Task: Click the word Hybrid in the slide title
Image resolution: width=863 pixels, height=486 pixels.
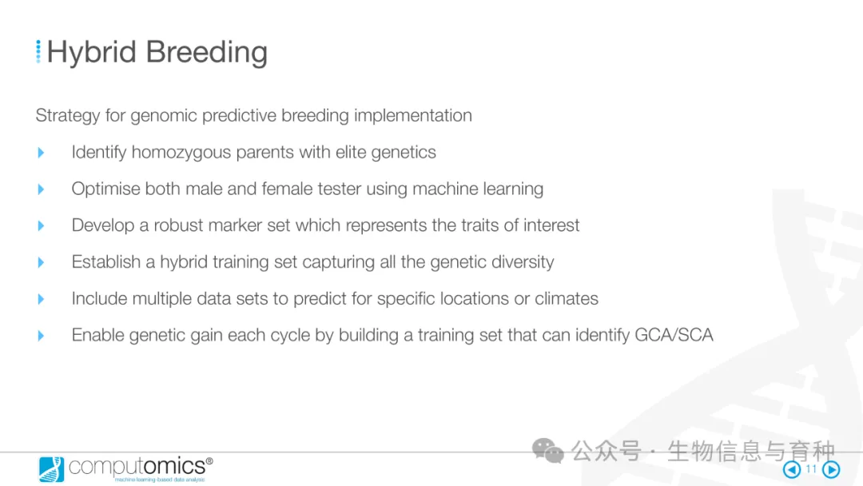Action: [91, 53]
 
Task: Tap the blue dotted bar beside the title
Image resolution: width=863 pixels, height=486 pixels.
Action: [38, 52]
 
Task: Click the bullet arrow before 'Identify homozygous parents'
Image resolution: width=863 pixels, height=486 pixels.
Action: [41, 153]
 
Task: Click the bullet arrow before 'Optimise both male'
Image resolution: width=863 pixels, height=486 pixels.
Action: [41, 189]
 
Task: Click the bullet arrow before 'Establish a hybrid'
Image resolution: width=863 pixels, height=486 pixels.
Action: [41, 262]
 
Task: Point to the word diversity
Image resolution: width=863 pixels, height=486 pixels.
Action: [523, 262]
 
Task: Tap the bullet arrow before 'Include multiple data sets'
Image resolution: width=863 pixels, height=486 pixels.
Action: [41, 300]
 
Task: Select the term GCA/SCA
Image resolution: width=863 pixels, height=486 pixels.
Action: [674, 335]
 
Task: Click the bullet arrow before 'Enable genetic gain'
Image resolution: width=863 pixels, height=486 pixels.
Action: [41, 336]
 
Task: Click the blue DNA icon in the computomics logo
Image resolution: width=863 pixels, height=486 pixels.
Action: [51, 469]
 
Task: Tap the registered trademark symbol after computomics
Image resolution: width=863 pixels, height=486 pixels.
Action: [209, 460]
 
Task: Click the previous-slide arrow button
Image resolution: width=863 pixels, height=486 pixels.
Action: [792, 469]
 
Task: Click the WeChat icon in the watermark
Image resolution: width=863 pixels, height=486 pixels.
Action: [547, 451]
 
